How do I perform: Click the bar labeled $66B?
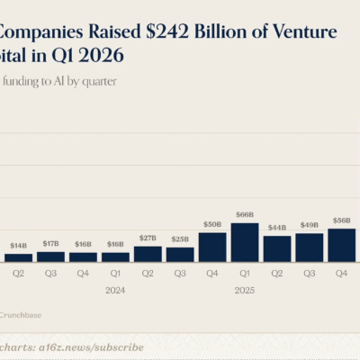pos(245,242)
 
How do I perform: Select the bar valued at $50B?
pos(212,247)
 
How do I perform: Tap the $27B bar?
pos(148,254)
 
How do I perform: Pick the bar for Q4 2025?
pos(341,245)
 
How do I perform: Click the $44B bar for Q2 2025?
pos(277,248)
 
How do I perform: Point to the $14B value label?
pos(18,246)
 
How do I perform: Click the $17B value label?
pos(50,243)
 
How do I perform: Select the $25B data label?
pos(180,239)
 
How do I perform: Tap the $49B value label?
pos(310,225)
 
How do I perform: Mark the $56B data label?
pos(341,220)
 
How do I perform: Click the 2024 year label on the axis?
pos(115,290)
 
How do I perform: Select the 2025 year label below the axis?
pos(245,290)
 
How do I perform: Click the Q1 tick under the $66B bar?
pos(245,274)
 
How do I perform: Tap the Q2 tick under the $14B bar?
pos(18,274)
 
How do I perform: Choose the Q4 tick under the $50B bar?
pos(212,274)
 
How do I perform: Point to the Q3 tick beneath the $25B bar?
pos(180,274)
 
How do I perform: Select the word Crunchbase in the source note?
pos(20,315)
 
